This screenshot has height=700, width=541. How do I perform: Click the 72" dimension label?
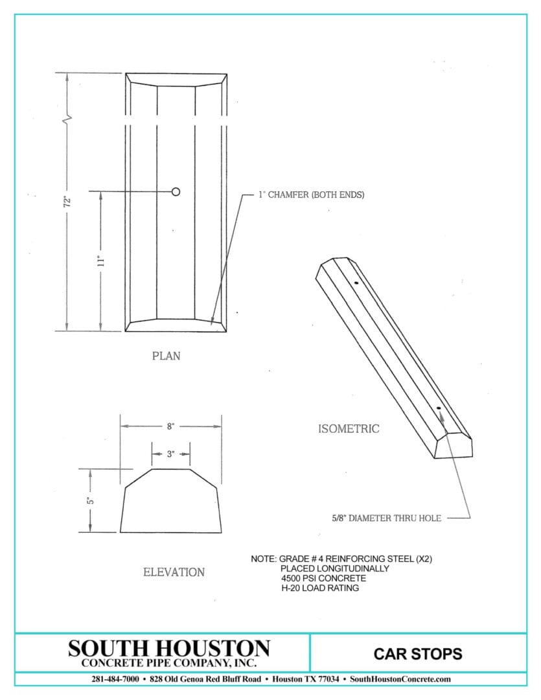point(66,201)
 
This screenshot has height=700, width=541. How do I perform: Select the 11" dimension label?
point(100,261)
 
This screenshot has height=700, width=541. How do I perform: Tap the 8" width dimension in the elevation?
point(170,426)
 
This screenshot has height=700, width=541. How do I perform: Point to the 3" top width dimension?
point(170,454)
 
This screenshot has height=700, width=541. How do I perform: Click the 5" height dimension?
point(91,500)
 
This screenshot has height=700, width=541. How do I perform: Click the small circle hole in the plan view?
point(176,191)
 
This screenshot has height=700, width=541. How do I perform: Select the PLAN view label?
point(167,356)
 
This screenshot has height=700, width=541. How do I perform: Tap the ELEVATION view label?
point(174,572)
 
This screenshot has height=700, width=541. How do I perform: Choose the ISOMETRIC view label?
point(349,428)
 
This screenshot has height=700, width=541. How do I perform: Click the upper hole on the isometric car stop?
point(356,283)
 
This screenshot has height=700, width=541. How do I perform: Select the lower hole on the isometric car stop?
point(439,408)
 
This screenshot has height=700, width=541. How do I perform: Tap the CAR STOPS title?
point(418,653)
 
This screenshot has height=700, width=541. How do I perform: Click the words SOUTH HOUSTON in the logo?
point(169,647)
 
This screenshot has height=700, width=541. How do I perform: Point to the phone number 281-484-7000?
point(115,679)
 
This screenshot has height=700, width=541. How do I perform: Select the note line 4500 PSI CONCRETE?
point(323,578)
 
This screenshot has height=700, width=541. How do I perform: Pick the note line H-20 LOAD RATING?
point(319,588)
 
